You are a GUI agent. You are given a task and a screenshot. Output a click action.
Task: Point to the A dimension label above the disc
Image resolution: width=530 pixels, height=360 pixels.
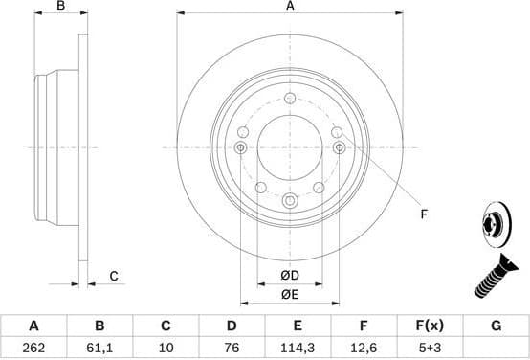pyautogui.click(x=289, y=7)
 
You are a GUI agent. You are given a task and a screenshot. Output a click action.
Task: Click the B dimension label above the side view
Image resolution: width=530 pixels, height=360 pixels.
pyautogui.click(x=60, y=7)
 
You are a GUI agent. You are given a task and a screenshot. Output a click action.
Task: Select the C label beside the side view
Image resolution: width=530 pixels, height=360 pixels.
pyautogui.click(x=113, y=276)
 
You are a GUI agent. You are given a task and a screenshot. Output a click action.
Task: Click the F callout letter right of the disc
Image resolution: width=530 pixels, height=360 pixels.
pyautogui.click(x=424, y=214)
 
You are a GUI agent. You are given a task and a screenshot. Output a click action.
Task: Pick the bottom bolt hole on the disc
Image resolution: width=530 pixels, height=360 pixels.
pyautogui.click(x=289, y=199)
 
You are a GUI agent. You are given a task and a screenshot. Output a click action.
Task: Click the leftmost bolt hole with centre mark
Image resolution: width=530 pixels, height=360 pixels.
pyautogui.click(x=239, y=147)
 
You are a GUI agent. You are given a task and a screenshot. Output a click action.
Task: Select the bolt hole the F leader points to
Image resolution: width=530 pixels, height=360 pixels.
pyautogui.click(x=339, y=147)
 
